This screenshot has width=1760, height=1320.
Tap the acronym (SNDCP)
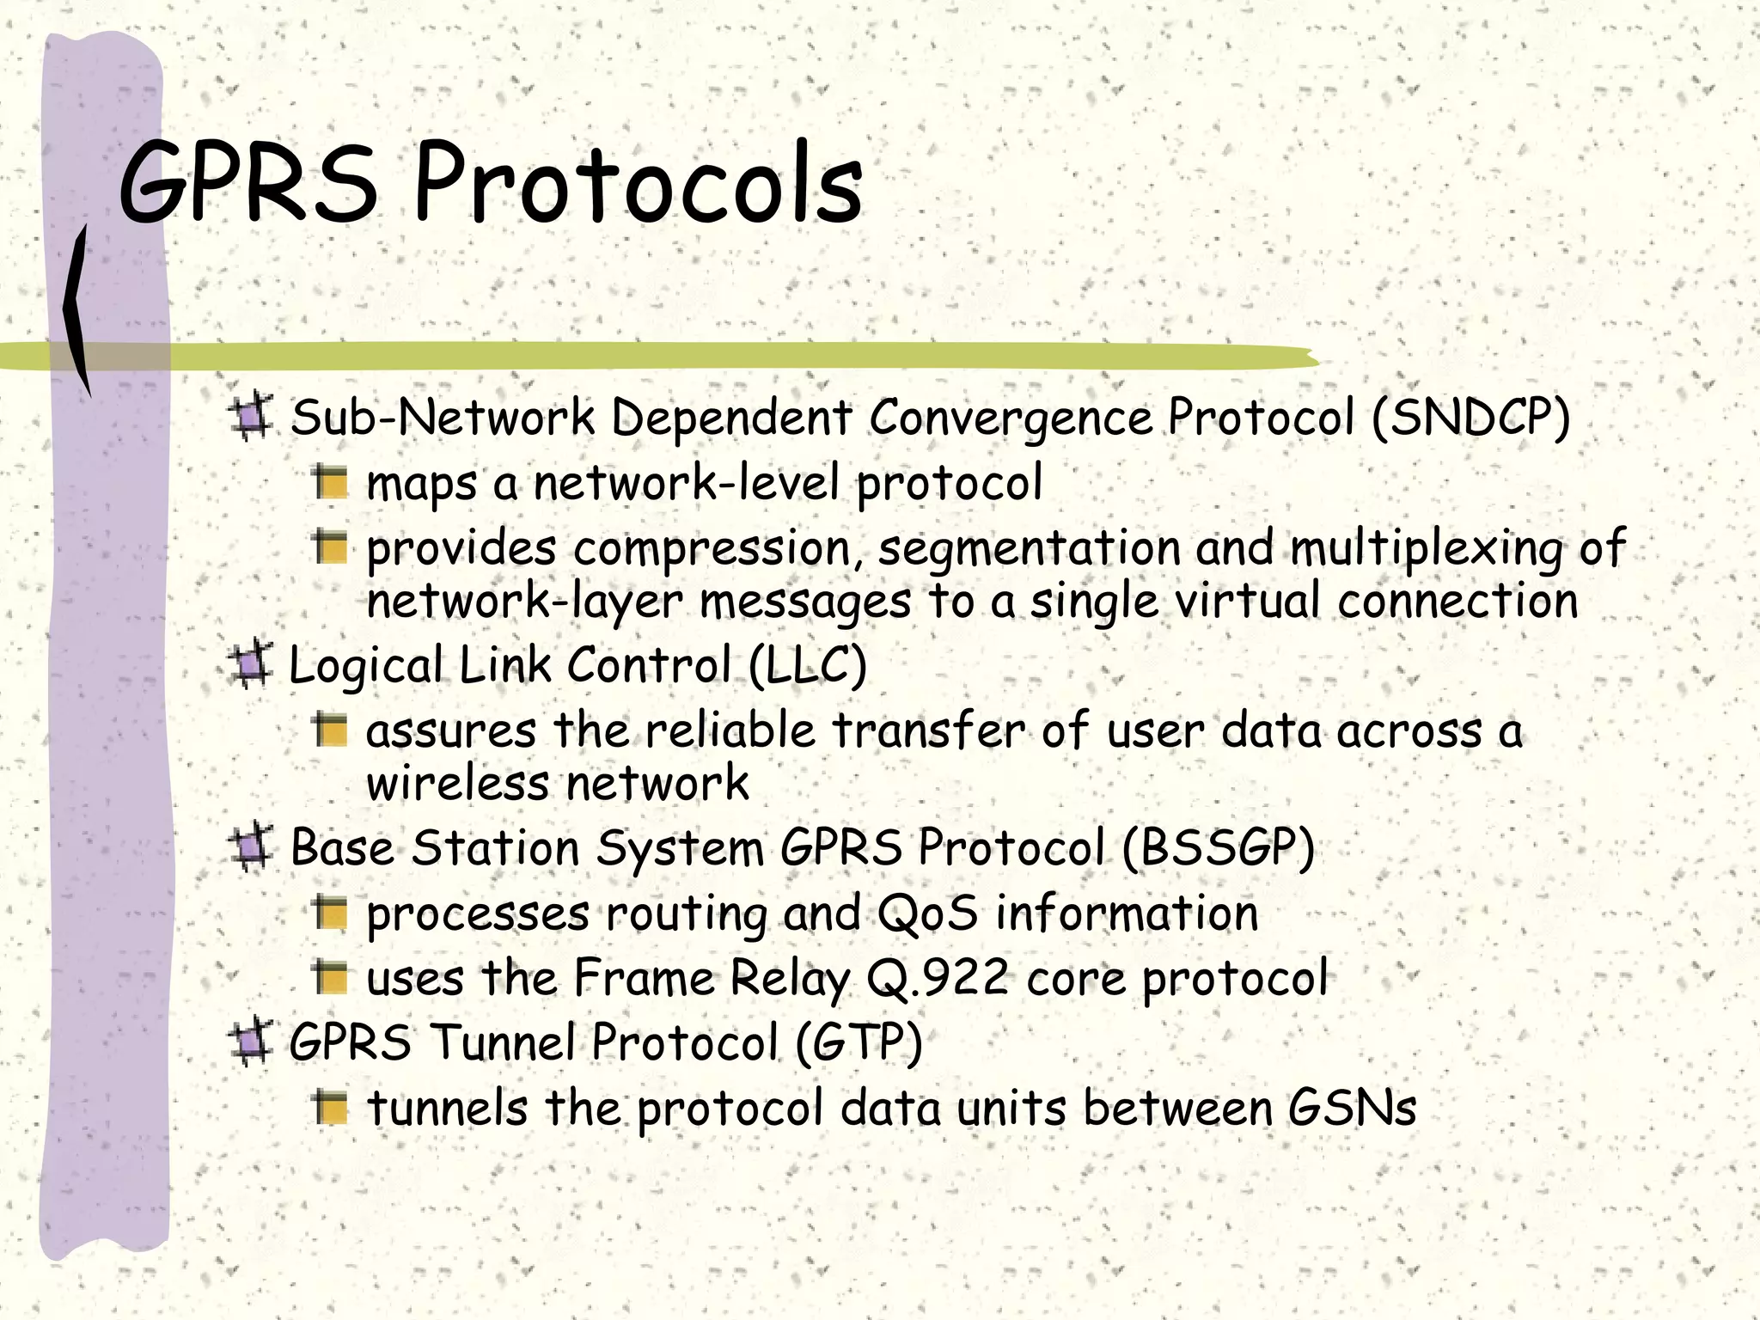[x=1470, y=419]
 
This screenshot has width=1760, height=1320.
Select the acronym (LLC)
[x=808, y=665]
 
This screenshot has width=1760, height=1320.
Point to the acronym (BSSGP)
[x=1219, y=848]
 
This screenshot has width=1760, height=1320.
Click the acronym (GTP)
[x=859, y=1042]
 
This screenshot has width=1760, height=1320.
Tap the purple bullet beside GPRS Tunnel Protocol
[x=252, y=1042]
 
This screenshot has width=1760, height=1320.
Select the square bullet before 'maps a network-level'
[x=330, y=483]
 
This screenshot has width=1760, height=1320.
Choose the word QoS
[x=927, y=913]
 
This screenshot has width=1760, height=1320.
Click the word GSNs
[x=1351, y=1108]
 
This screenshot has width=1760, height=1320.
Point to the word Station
[x=495, y=848]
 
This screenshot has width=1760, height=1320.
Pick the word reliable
[x=730, y=731]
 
